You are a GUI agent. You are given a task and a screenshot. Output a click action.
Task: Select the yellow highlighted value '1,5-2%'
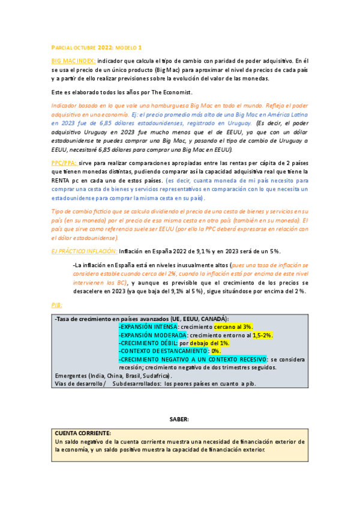click(262, 334)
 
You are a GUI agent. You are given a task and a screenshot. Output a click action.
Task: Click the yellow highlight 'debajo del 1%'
click(210, 343)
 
